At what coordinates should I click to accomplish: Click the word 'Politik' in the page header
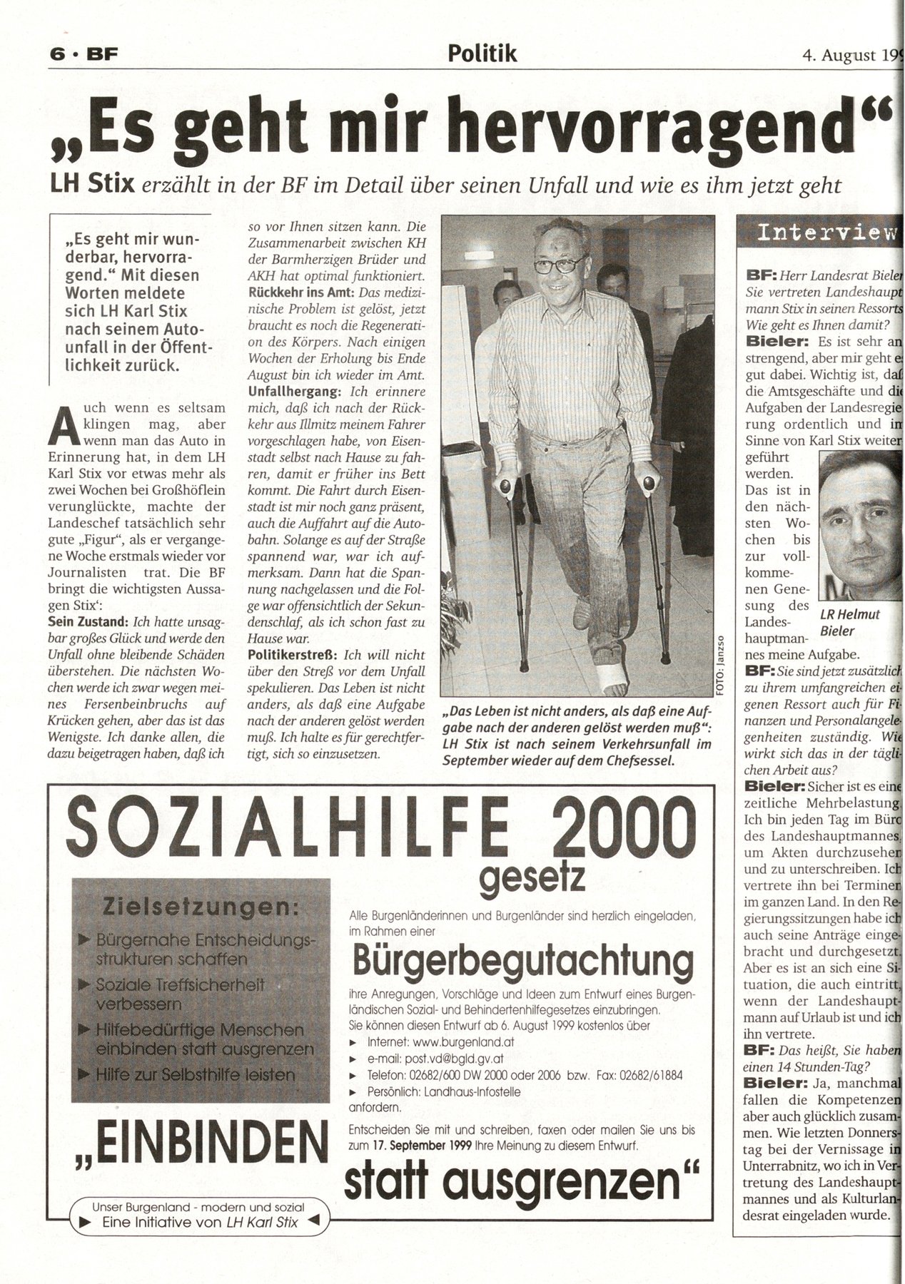pyautogui.click(x=482, y=53)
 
